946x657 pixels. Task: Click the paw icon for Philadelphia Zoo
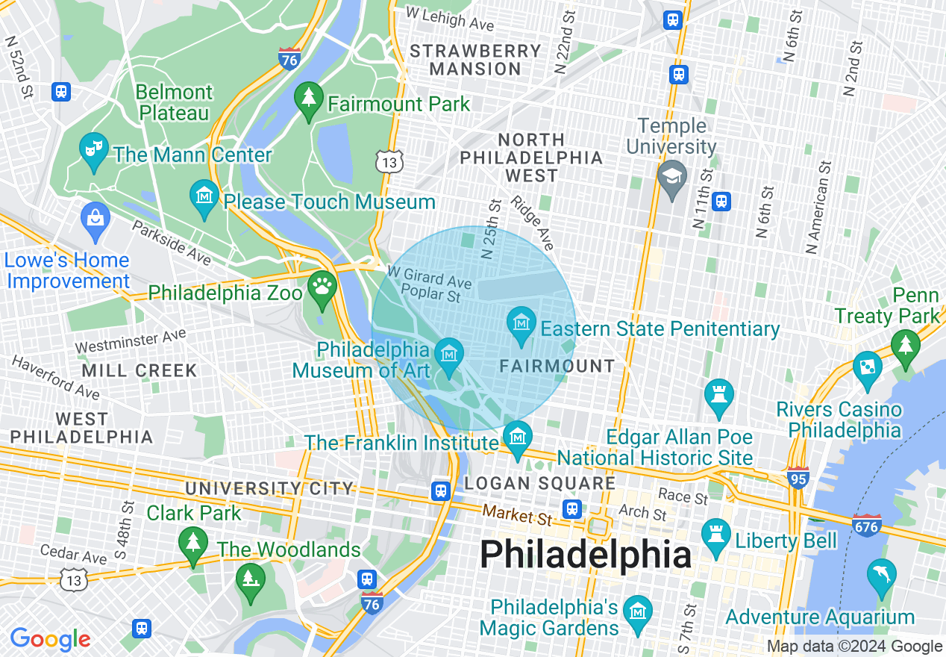322,287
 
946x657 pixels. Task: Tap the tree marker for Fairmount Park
308,99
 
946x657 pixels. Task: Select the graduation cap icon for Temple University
671,177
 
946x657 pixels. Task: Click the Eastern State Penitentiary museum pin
521,324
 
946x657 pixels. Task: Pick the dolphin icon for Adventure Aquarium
881,576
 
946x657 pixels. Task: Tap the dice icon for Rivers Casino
868,367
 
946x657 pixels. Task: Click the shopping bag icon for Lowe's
95,218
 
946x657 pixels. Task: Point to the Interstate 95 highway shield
798,478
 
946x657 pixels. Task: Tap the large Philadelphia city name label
586,555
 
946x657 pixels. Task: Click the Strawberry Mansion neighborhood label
474,60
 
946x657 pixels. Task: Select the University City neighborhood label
269,488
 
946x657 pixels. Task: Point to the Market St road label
516,514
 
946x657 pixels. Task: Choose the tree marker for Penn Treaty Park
906,347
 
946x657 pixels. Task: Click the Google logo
50,639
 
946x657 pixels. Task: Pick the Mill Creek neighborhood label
139,370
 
